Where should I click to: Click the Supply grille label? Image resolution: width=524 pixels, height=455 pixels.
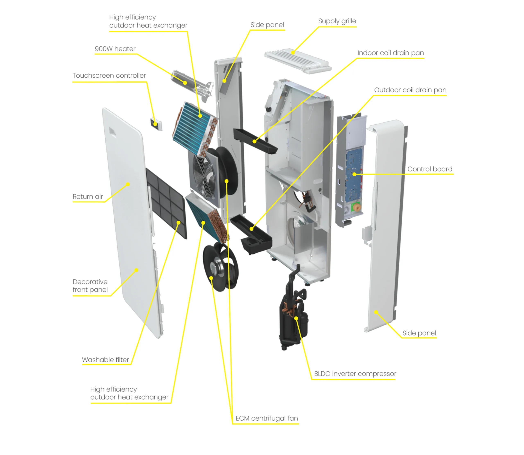tap(337, 21)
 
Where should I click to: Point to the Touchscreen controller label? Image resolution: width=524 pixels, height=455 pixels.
tap(109, 75)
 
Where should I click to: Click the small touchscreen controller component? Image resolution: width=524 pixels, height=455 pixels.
tap(156, 124)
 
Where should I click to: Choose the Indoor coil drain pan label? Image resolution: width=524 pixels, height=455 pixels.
tap(391, 53)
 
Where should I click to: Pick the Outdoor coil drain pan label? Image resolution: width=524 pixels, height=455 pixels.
tap(410, 90)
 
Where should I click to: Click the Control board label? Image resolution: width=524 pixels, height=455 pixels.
tap(430, 169)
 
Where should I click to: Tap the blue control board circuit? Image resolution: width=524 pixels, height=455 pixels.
tap(354, 175)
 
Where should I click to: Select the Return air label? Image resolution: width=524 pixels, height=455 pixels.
tap(88, 196)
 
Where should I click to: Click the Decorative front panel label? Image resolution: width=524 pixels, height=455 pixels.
tap(90, 286)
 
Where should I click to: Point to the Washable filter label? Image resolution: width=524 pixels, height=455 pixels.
tap(105, 360)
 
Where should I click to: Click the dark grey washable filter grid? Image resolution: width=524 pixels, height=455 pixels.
tap(166, 203)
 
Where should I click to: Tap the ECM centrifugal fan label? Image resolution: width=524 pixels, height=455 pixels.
tap(267, 418)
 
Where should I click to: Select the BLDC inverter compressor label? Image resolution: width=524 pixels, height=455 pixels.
tap(355, 374)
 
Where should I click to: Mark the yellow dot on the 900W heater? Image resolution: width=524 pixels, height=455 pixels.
tap(185, 83)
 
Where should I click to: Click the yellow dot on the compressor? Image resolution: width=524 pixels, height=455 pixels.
tap(296, 318)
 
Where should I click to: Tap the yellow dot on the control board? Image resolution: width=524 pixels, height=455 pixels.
tap(354, 174)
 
